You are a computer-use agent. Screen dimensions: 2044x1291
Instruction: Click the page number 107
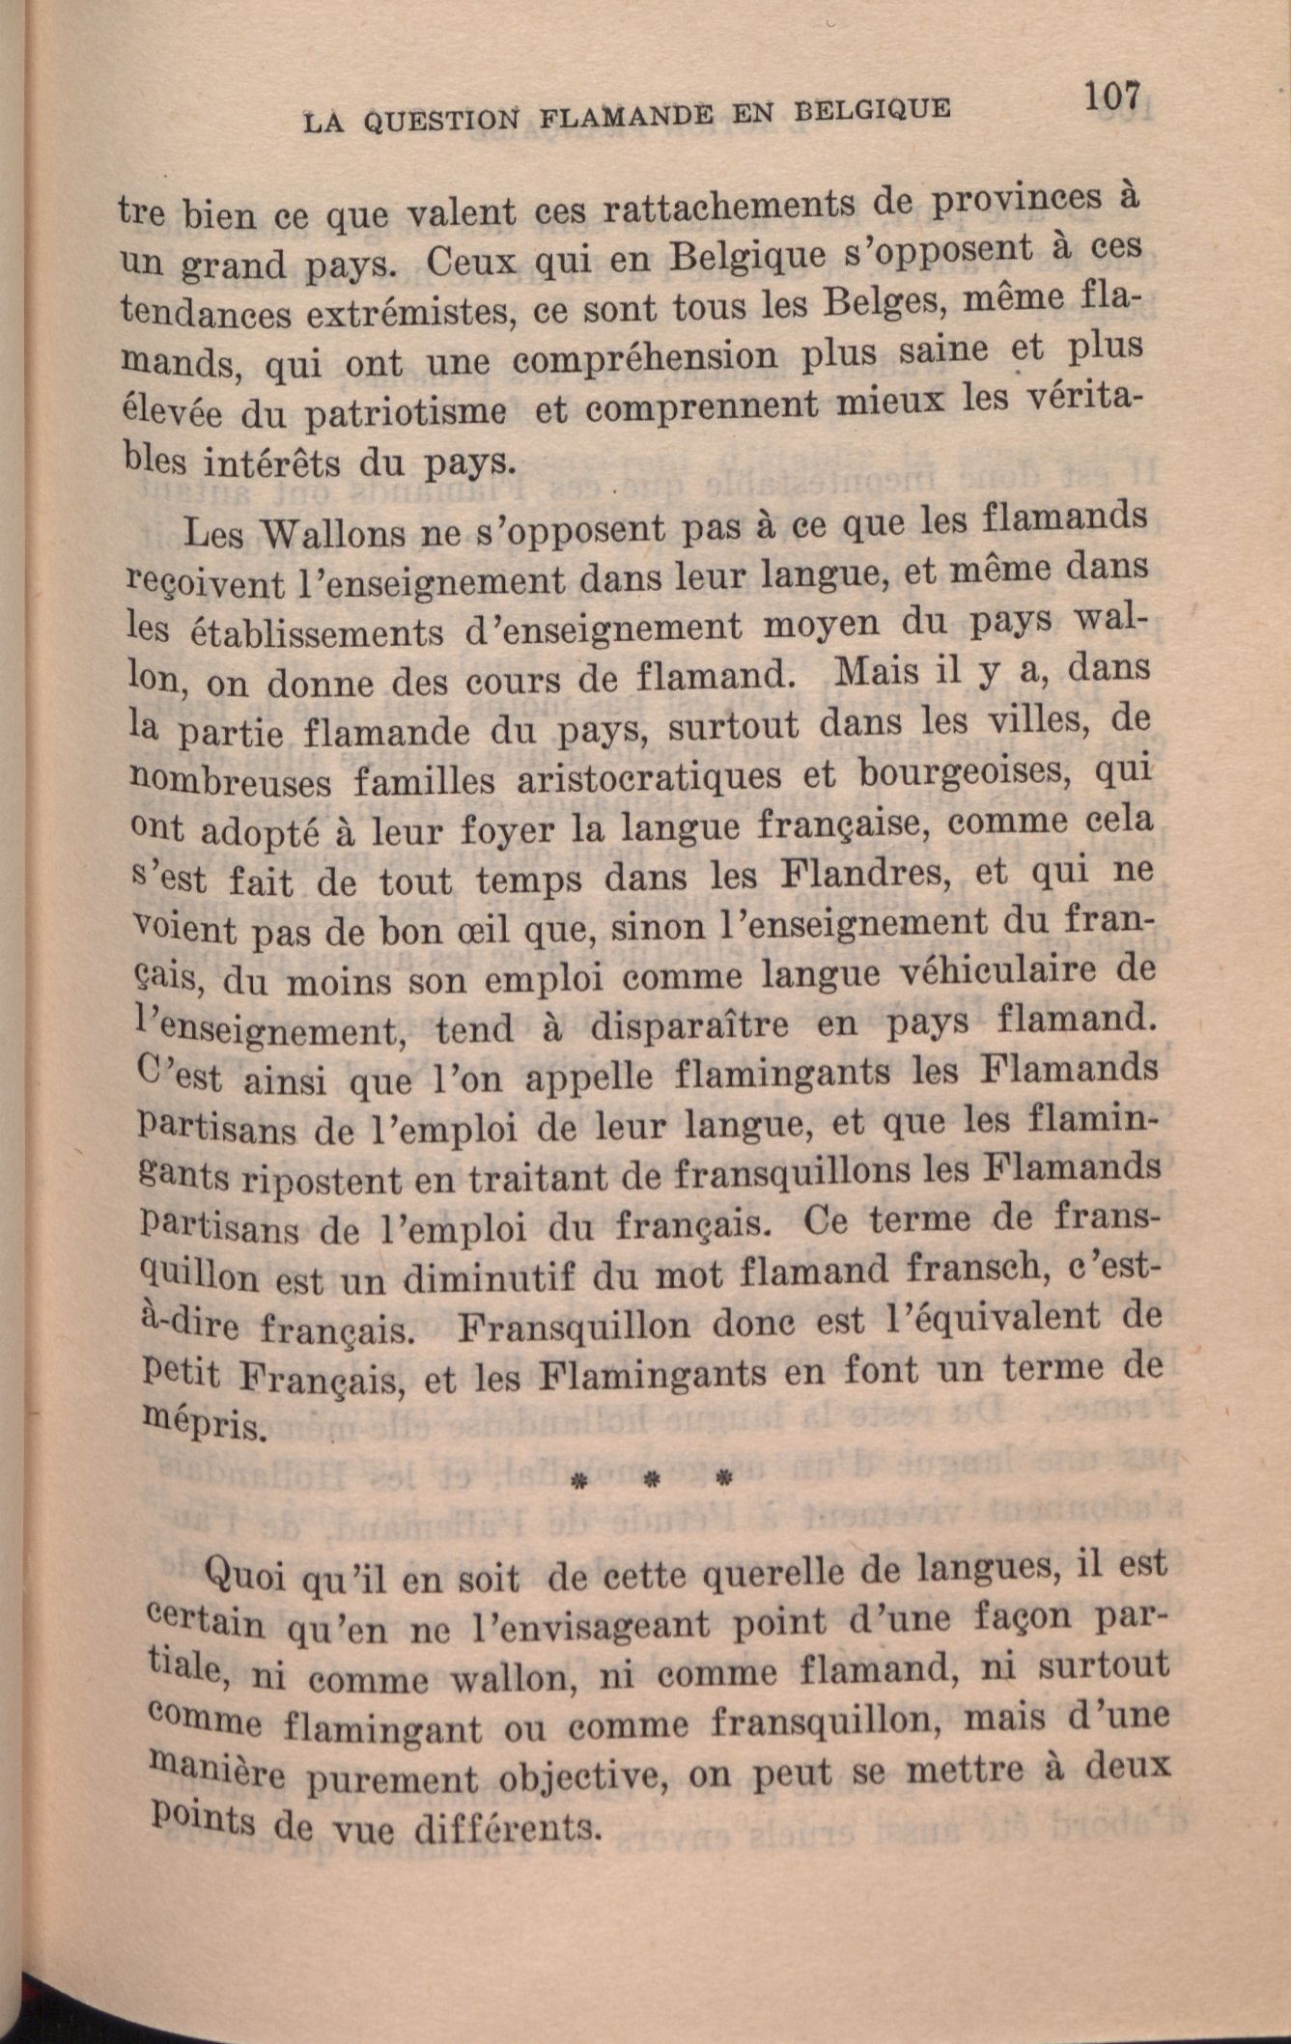pos(1112,98)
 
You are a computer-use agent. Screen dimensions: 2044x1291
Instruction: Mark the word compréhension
pos(645,358)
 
